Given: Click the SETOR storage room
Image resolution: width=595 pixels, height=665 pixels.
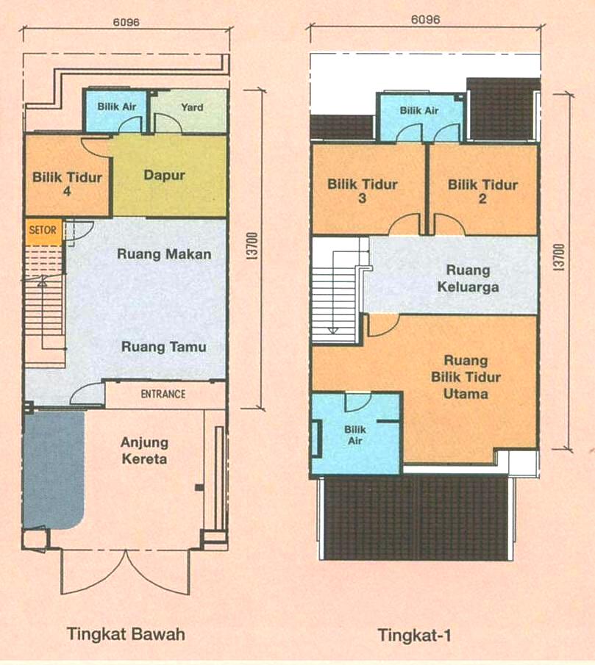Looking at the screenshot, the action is coord(43,231).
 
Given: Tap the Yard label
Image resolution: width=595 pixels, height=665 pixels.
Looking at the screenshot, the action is coord(192,107).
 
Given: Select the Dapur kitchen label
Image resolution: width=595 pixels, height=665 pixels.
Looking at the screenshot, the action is coord(164,175).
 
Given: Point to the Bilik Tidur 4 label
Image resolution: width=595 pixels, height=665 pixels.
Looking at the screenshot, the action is coord(67,184).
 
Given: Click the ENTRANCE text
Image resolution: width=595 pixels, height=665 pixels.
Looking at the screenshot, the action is coord(163,394).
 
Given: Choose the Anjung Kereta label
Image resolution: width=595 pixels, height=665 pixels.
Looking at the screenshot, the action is coord(144,450).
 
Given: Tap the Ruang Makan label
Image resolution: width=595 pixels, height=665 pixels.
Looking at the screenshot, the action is coord(164,254).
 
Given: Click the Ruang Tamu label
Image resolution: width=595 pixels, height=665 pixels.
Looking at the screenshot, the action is coord(164,347).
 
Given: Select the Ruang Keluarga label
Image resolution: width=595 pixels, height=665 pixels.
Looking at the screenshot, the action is coord(468,278).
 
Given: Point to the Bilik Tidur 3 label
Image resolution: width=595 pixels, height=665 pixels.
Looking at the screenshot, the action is coord(363,191).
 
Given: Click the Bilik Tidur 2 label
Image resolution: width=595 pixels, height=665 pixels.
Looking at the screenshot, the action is coord(482,192).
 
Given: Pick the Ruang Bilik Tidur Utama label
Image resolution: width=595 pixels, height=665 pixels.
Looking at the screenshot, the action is coord(466,377).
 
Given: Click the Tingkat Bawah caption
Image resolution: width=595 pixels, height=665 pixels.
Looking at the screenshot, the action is coord(126,634).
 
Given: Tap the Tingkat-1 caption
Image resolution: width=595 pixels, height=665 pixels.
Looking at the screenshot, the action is coord(414,636).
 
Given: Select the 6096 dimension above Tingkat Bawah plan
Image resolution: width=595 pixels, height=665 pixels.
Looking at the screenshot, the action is coord(126,22).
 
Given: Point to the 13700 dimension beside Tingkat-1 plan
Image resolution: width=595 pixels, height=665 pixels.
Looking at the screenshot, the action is coord(560,257).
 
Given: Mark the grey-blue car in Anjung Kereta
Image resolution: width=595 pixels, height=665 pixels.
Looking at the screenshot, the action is coord(54,470).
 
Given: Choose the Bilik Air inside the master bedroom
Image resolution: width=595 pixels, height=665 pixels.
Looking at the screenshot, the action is coord(356,434).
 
